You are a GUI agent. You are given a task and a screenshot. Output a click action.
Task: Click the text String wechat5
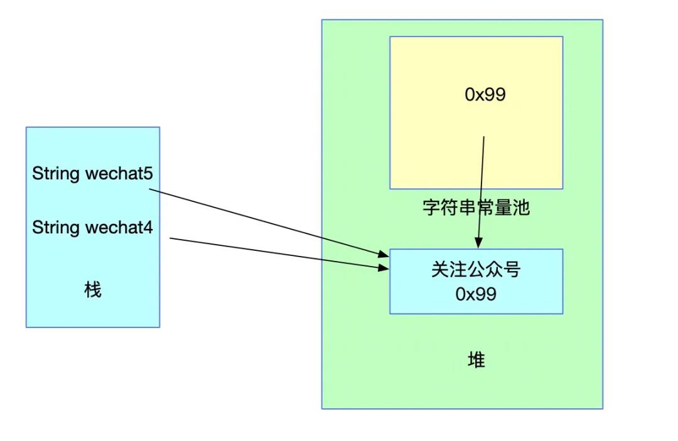[x=92, y=174]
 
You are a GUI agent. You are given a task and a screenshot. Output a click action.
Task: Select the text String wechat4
[x=92, y=228]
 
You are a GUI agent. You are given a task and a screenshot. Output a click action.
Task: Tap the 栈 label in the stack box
[x=93, y=290]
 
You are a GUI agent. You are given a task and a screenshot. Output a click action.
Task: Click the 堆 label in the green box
[x=476, y=360]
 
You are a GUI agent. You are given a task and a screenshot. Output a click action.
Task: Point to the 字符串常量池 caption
[x=476, y=208]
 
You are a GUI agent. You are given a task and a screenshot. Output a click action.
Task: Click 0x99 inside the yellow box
[x=485, y=95]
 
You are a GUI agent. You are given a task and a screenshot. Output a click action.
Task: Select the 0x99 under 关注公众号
[x=476, y=294]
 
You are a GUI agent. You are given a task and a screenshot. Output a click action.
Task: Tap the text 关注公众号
[x=476, y=270]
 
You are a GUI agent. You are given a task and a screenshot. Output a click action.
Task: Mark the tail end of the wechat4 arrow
[x=170, y=238]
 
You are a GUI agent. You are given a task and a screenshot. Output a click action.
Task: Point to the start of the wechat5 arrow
[x=149, y=189]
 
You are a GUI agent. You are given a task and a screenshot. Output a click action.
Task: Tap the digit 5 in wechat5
[x=148, y=174]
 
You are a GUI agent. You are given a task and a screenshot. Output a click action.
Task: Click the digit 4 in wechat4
[x=148, y=228]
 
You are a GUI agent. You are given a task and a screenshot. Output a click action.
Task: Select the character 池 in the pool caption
[x=522, y=208]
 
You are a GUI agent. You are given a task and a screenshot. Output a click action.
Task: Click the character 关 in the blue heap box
[x=439, y=270]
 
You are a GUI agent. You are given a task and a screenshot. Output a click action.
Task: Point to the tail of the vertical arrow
[x=484, y=137]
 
